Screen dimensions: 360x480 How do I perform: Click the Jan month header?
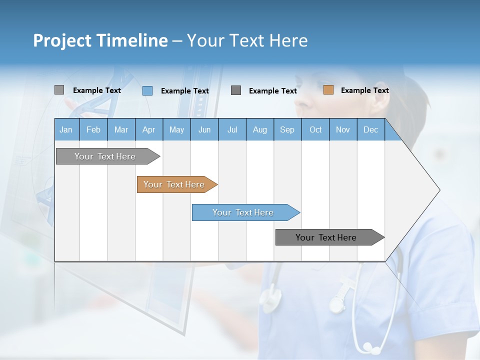click(x=66, y=130)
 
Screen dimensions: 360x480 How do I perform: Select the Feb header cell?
click(x=93, y=130)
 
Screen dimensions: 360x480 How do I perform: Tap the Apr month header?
click(x=148, y=130)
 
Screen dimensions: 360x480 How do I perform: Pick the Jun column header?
click(x=204, y=130)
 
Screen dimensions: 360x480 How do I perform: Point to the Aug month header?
click(x=259, y=130)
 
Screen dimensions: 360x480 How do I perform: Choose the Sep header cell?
click(x=287, y=130)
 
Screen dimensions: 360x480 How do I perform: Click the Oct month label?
click(x=315, y=130)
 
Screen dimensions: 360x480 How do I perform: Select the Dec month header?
click(x=370, y=130)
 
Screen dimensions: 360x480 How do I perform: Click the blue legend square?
click(x=147, y=90)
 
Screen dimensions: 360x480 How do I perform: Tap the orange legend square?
click(x=328, y=90)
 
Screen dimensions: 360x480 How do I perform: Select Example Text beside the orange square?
click(x=364, y=90)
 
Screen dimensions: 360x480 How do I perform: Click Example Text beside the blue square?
click(x=184, y=91)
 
